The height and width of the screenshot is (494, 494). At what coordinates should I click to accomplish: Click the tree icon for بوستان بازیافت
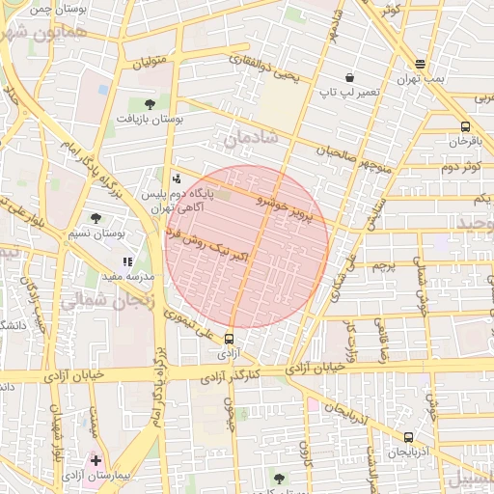pyautogui.click(x=150, y=103)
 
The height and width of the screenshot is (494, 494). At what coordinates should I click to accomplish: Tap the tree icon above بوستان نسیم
pyautogui.click(x=96, y=218)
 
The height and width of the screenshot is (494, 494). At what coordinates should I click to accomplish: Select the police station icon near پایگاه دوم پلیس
pyautogui.click(x=176, y=178)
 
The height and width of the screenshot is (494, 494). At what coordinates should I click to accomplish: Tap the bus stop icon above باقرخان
pyautogui.click(x=466, y=126)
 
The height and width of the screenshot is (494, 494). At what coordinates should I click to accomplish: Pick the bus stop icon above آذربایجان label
pyautogui.click(x=409, y=437)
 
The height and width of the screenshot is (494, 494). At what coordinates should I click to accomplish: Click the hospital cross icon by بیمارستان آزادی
pyautogui.click(x=96, y=460)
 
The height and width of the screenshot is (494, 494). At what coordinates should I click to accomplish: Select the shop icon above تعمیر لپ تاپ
pyautogui.click(x=349, y=77)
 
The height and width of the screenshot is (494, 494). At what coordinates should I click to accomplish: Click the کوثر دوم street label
pyautogui.click(x=459, y=167)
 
